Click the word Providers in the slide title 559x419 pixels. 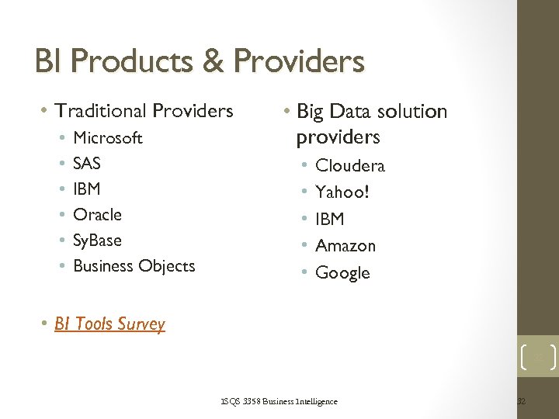tap(299, 61)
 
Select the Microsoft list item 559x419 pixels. tap(107, 138)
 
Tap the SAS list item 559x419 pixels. tap(87, 164)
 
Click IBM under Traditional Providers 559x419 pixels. tap(86, 189)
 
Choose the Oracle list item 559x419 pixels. tap(97, 214)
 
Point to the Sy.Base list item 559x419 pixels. tap(97, 241)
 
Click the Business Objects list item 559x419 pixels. tap(134, 265)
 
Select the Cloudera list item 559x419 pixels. tap(350, 165)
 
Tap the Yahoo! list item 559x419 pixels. tap(342, 192)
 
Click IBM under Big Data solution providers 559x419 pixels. tap(330, 219)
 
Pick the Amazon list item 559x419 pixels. tap(345, 246)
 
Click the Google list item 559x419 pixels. tap(342, 273)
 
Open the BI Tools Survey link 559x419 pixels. tap(109, 324)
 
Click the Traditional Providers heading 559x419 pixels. tap(144, 111)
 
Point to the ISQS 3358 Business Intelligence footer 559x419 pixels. tap(279, 401)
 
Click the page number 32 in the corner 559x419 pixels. tap(521, 401)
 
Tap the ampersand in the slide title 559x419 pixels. tap(214, 61)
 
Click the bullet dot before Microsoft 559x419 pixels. tap(61, 138)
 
